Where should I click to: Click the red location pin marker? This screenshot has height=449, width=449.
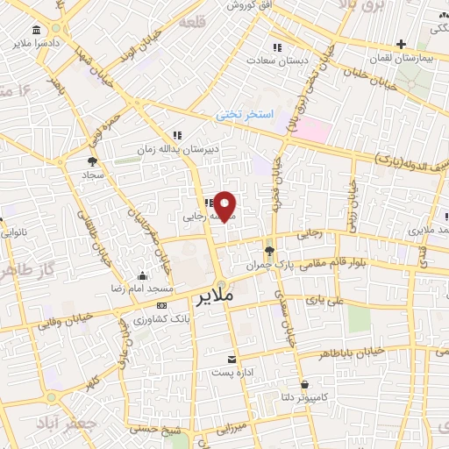[225, 206]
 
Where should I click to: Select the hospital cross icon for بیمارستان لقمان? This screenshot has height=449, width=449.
[402, 43]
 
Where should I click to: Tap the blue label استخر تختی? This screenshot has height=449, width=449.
[246, 115]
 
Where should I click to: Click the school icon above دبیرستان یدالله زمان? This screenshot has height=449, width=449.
[177, 135]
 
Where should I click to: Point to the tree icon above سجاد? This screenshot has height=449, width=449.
[92, 161]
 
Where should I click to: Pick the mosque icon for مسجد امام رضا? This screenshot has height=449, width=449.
[143, 275]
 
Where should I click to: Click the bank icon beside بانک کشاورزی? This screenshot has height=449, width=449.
[160, 305]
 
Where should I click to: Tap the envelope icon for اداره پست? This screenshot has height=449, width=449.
[232, 360]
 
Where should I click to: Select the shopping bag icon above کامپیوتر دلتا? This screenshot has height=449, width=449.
[304, 384]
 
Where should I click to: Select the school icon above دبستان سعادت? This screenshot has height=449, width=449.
[277, 46]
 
